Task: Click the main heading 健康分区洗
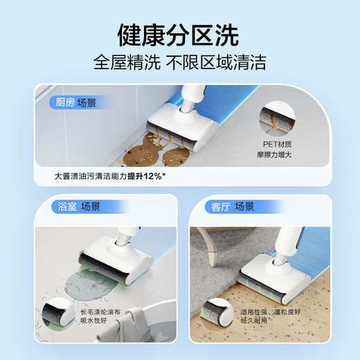tap(179, 34)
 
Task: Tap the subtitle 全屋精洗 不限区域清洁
tap(179, 62)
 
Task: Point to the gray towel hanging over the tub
tap(139, 333)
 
